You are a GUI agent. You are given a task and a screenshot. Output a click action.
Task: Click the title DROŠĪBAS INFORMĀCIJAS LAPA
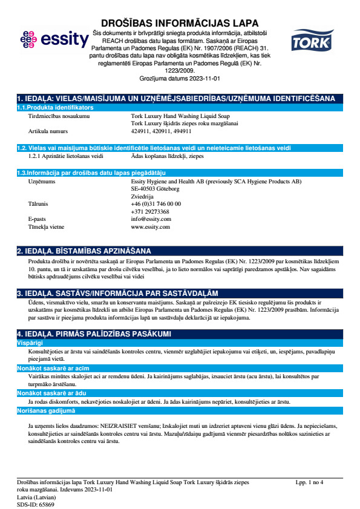(180, 24)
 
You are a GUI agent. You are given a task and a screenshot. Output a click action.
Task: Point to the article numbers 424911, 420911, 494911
(161, 130)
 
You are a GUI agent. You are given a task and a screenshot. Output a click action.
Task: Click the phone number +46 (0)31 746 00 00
(155, 204)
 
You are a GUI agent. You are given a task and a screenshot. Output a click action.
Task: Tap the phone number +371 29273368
(151, 211)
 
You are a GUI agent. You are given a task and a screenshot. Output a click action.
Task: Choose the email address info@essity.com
(151, 219)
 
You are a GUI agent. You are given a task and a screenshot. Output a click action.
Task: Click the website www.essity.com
(150, 226)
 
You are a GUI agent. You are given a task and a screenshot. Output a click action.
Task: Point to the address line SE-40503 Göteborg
(155, 189)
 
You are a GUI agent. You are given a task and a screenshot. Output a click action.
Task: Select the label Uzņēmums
(42, 181)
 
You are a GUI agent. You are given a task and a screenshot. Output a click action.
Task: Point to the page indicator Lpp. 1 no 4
(310, 482)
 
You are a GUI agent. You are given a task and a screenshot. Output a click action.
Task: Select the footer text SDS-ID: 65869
(35, 504)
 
